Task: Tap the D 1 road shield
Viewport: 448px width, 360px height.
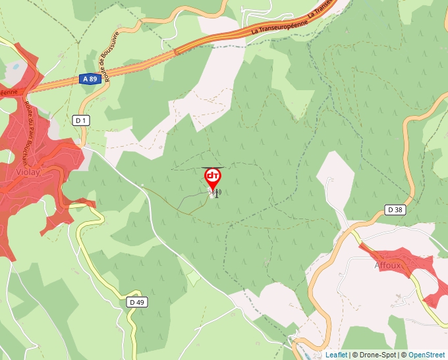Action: tap(81, 120)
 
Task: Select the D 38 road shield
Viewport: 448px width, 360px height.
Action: tap(395, 210)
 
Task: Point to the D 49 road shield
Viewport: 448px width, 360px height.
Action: tap(136, 302)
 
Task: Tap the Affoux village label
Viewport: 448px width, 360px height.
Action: tap(387, 265)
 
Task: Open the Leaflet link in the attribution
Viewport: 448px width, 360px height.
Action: tap(336, 355)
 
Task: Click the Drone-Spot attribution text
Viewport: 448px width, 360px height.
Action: tap(374, 355)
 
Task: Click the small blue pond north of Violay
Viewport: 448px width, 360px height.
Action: tap(13, 66)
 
